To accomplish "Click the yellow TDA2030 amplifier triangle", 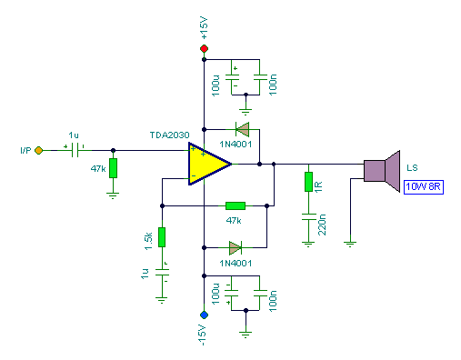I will [x=207, y=165].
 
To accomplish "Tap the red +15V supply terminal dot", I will [x=204, y=48].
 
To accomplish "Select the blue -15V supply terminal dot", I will [x=204, y=315].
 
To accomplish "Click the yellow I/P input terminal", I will [x=39, y=151].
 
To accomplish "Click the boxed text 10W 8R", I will [x=425, y=187].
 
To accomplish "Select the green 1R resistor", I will [x=309, y=181].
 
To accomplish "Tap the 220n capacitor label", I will [x=321, y=224].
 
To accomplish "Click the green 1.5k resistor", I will [x=161, y=236].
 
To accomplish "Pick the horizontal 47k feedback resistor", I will [x=235, y=205].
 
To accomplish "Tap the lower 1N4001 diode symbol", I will [x=235, y=246].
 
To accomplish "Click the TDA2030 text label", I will [x=169, y=136].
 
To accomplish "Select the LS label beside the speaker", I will [x=413, y=168].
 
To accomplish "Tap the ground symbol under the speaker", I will [x=349, y=243].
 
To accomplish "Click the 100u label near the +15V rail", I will [x=216, y=85].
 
